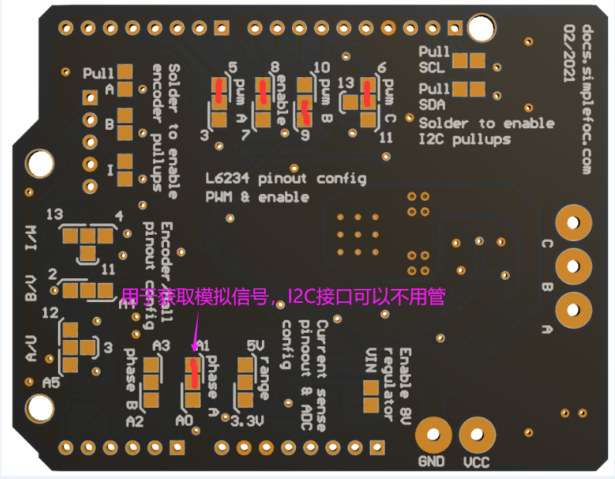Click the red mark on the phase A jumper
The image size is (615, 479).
click(x=195, y=372)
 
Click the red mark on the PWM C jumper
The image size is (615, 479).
click(x=366, y=93)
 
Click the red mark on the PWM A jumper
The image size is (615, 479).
click(x=219, y=90)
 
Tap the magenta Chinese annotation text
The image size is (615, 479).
click(x=283, y=296)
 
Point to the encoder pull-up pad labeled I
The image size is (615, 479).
click(x=125, y=168)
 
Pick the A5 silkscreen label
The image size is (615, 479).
click(x=52, y=382)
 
